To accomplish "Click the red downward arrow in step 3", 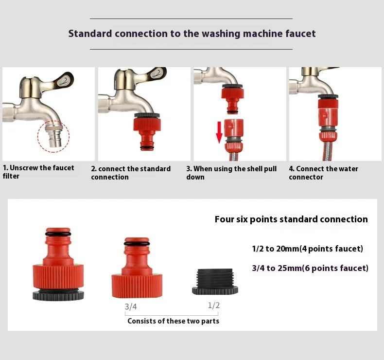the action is coord(219,132).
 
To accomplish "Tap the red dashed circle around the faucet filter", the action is coord(38,136).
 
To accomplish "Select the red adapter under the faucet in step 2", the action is coord(147,132).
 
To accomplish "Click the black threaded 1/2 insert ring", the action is coord(215,282).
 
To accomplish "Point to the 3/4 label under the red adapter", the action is coord(131,306).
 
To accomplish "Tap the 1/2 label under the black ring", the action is coord(214,306).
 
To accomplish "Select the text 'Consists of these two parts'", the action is coord(174,321).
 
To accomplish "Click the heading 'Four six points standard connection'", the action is coord(291,219).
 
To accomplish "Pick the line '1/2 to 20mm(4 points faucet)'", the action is coord(308,249).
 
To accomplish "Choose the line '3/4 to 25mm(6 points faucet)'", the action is coord(310,268).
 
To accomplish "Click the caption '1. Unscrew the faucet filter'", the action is coord(38,172).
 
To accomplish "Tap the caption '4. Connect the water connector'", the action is coord(323,173).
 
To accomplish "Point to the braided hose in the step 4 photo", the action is coord(328,151).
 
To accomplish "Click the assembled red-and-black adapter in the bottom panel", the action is coord(58,264).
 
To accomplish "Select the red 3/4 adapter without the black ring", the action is coord(137,268).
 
